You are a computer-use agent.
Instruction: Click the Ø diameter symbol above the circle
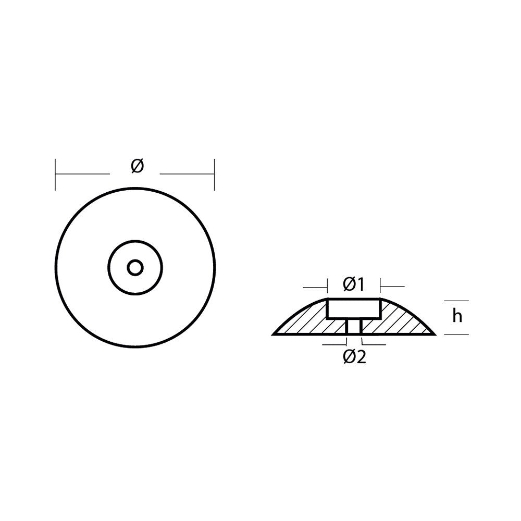click(137, 166)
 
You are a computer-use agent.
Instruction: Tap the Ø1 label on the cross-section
click(354, 284)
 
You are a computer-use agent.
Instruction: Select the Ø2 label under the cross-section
click(354, 357)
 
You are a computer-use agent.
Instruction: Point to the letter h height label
click(457, 316)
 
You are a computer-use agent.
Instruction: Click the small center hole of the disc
click(135, 267)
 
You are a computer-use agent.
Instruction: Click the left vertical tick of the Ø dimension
click(55, 175)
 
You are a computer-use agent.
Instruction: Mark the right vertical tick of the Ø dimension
click(214, 175)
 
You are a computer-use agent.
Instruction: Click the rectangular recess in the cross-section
click(354, 308)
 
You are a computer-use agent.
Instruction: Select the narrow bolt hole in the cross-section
click(354, 326)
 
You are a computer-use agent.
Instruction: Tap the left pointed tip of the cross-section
click(272, 334)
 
